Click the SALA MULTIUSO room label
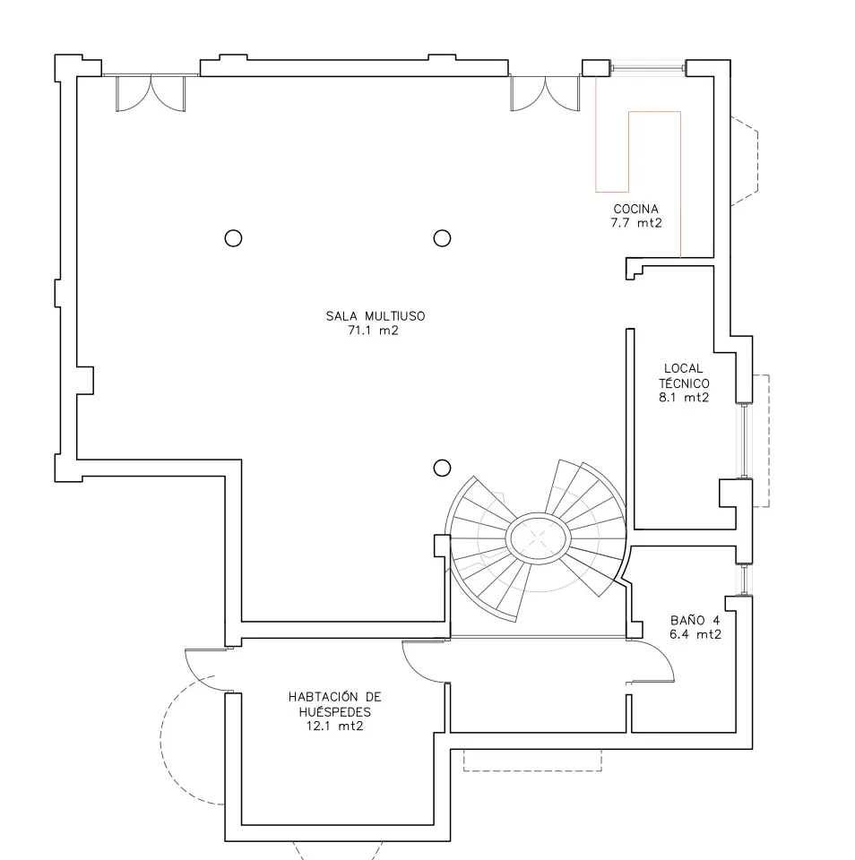[x=376, y=316]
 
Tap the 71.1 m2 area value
[x=373, y=331]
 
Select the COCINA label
[x=636, y=209]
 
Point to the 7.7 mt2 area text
[x=636, y=223]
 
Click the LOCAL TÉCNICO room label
[x=684, y=375]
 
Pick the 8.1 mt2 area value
[x=684, y=398]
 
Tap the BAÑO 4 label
[x=695, y=620]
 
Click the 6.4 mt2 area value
[x=695, y=634]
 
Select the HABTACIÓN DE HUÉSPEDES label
[x=335, y=704]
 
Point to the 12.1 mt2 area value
[x=335, y=727]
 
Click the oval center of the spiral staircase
[x=538, y=538]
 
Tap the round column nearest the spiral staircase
[x=443, y=468]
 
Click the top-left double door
[x=151, y=93]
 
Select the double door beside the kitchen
[x=545, y=93]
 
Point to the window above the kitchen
[x=648, y=68]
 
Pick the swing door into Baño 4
[x=652, y=661]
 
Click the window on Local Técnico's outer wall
[x=744, y=441]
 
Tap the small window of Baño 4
[x=744, y=580]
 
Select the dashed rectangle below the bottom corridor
[x=532, y=761]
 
